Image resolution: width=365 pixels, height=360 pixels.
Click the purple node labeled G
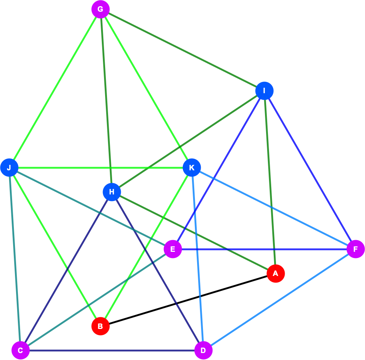pyautogui.click(x=101, y=10)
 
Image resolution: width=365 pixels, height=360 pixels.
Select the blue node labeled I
pyautogui.click(x=264, y=91)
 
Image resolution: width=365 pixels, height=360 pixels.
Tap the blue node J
pyautogui.click(x=9, y=168)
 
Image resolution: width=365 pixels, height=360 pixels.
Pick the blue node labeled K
pyautogui.click(x=192, y=168)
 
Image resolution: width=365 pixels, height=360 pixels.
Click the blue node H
pyautogui.click(x=112, y=192)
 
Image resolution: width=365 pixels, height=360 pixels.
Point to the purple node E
pyautogui.click(x=173, y=249)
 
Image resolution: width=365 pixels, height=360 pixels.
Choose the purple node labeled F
pyautogui.click(x=356, y=249)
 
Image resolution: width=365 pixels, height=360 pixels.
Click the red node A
pyautogui.click(x=276, y=273)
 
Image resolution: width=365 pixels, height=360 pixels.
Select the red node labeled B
pyautogui.click(x=101, y=326)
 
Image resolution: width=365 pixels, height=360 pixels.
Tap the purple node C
pyautogui.click(x=21, y=350)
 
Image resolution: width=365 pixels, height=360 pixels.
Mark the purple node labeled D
pyautogui.click(x=203, y=350)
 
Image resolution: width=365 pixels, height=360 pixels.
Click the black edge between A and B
pyautogui.click(x=188, y=300)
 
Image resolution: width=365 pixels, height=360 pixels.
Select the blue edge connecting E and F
pyautogui.click(x=264, y=249)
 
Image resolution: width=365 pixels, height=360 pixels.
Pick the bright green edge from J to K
pyautogui.click(x=101, y=168)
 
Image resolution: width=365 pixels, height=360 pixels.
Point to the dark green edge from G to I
pyautogui.click(x=182, y=50)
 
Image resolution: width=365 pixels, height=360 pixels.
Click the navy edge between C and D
pyautogui.click(x=112, y=350)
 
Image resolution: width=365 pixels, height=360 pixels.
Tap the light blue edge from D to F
pyautogui.click(x=280, y=300)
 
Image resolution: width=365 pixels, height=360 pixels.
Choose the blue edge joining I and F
pyautogui.click(x=310, y=170)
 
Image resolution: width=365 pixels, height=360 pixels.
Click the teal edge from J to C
pyautogui.click(x=15, y=259)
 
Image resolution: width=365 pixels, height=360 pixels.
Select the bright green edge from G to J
pyautogui.click(x=55, y=88)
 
